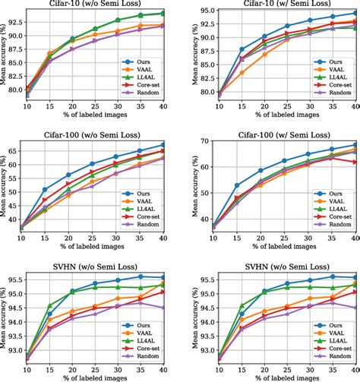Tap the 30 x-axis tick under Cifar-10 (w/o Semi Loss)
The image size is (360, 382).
point(117,118)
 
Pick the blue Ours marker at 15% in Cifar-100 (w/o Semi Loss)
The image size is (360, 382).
point(45,190)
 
